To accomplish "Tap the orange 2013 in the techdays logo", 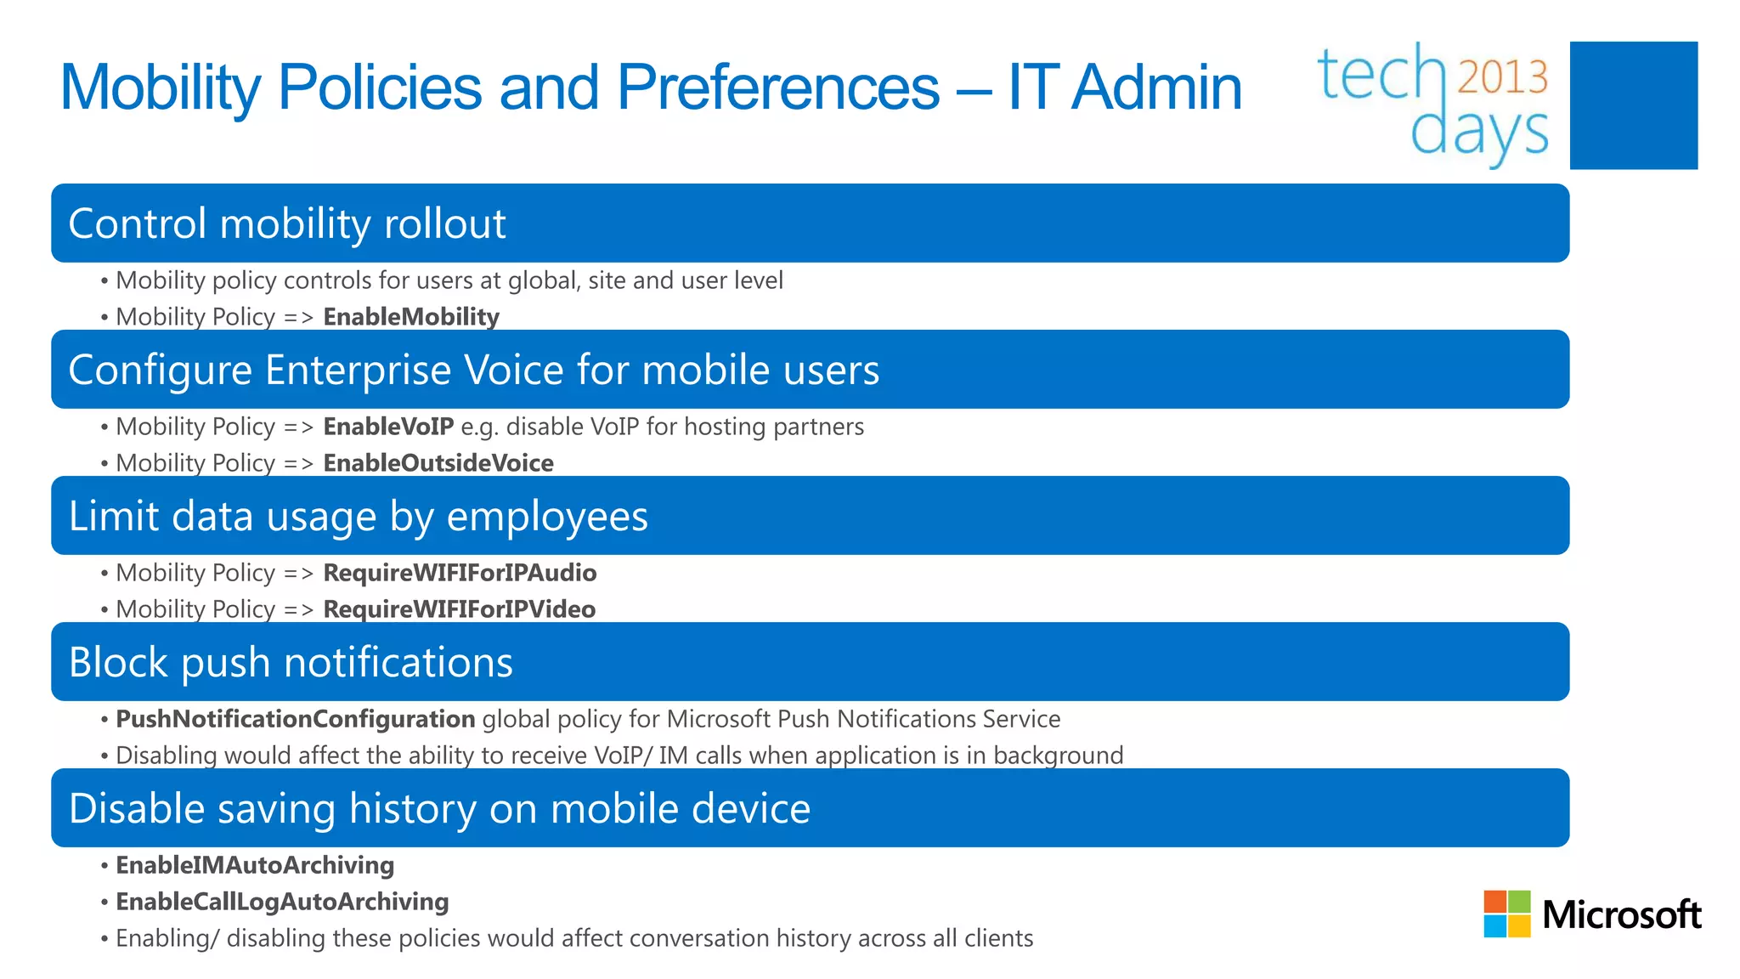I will tap(1502, 76).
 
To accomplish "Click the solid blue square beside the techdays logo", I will tap(1633, 105).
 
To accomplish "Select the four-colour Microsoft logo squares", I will tap(1506, 914).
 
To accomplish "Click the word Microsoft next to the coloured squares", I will tap(1621, 915).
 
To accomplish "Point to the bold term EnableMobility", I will tap(411, 317).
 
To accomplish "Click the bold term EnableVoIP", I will tap(388, 427).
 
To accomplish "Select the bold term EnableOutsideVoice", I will tap(438, 463).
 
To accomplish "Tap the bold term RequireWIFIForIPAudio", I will tap(460, 573).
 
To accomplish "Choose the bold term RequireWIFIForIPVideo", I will tap(459, 609).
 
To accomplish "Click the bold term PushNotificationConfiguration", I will tap(295, 719).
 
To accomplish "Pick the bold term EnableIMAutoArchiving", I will tap(255, 865).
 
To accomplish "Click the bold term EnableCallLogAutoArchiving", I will tap(282, 902).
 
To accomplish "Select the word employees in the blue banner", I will tap(547, 516).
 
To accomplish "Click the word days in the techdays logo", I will tap(1478, 133).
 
